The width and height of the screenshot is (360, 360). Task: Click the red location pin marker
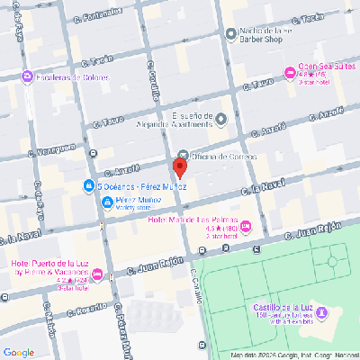179,167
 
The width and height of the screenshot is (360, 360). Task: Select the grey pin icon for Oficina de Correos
184,156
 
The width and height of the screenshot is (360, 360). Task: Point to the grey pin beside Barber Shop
230,36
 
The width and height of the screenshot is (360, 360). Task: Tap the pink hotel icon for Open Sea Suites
290,73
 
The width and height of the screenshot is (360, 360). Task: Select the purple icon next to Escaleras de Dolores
27,76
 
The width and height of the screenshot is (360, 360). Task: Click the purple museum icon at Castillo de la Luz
323,311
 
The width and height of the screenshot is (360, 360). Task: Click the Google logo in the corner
19,352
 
